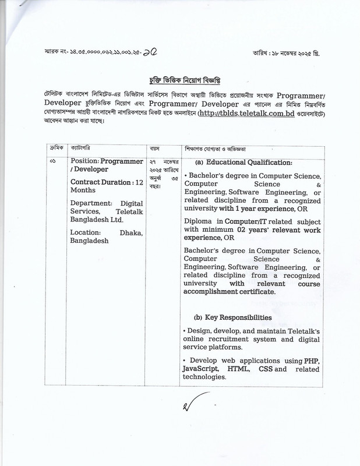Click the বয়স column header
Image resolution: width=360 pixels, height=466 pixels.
[154, 149]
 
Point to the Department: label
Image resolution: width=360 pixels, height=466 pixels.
[92, 203]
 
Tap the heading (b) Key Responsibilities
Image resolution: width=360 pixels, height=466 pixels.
[233, 317]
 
